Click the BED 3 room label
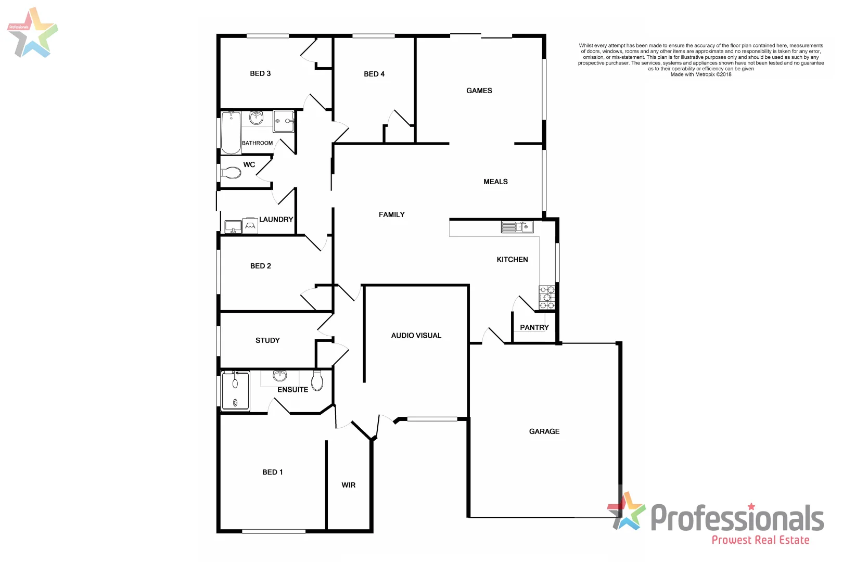(260, 73)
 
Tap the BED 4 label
(374, 74)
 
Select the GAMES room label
(479, 91)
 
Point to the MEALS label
(495, 182)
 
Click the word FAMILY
(391, 214)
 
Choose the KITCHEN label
(512, 259)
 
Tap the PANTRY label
(534, 327)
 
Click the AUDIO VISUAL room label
(416, 336)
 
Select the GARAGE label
(544, 431)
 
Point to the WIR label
(348, 485)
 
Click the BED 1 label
(272, 472)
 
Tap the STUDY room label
(267, 340)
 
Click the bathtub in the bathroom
(231, 133)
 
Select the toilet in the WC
(231, 172)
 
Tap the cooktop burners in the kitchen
(547, 298)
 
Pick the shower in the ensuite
(235, 390)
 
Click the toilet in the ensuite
(317, 380)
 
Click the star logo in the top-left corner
(32, 32)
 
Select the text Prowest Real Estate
(760, 540)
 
